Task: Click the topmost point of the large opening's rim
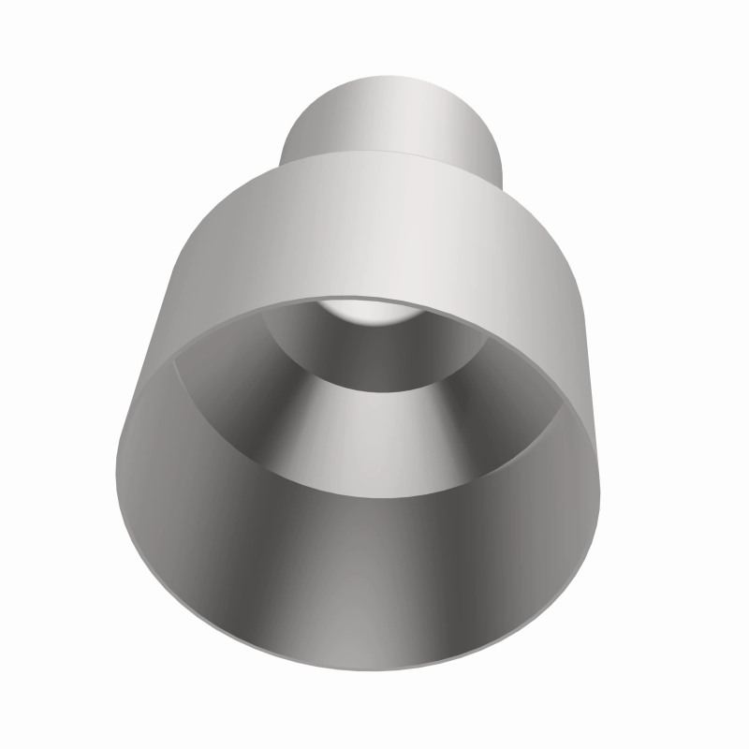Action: pos(374,299)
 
